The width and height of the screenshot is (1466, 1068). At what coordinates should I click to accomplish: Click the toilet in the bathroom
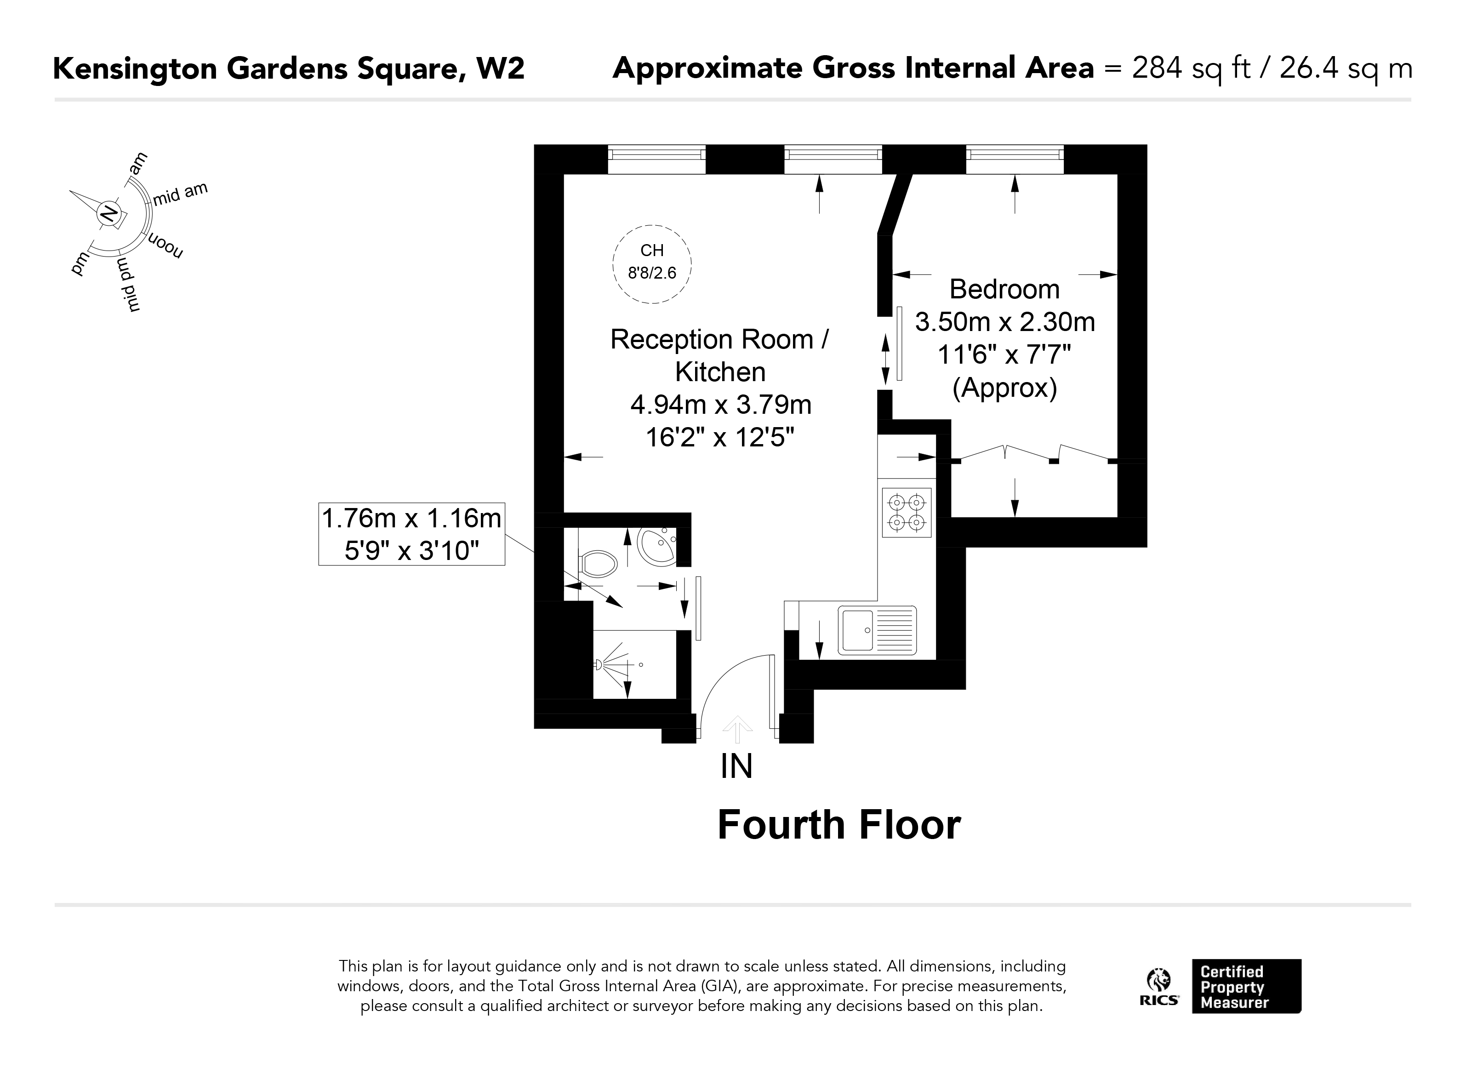[x=598, y=564]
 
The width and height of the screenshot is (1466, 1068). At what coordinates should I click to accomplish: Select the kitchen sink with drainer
[x=877, y=630]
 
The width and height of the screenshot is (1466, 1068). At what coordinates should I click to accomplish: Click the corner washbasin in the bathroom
[x=656, y=546]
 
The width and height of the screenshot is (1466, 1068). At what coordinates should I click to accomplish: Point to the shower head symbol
[x=599, y=665]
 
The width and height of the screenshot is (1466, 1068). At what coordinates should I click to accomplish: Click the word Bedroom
[x=1004, y=289]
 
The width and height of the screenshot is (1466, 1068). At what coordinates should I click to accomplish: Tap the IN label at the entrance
[x=736, y=767]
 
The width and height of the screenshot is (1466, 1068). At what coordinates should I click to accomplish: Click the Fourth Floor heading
[x=839, y=826]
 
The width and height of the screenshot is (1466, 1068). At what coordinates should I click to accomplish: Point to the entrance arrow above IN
[x=737, y=729]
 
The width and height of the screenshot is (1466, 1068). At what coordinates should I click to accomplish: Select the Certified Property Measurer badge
[x=1246, y=987]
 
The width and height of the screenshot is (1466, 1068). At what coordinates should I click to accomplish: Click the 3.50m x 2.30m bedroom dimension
[x=1004, y=322]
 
